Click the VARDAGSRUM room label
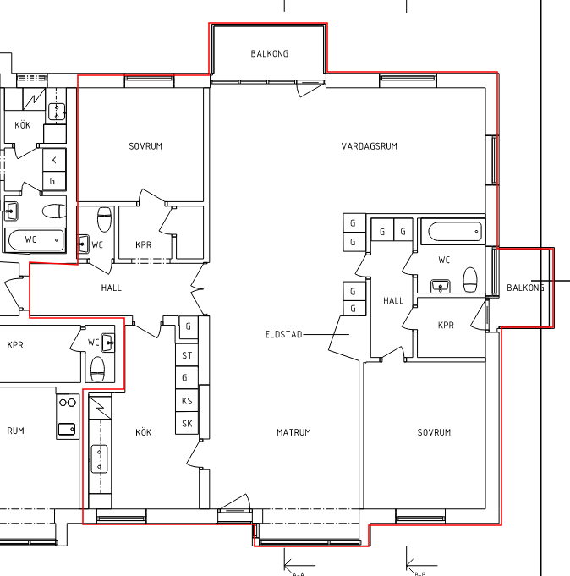[369, 146]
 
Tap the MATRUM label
[293, 432]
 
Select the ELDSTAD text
[284, 334]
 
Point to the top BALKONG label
[270, 53]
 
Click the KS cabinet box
[187, 400]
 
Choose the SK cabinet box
[187, 423]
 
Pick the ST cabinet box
[187, 355]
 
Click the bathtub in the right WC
[455, 232]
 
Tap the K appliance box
[54, 160]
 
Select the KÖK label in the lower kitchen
[143, 432]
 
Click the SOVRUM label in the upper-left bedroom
[145, 146]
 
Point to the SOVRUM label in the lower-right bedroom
[434, 432]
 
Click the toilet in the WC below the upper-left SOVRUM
[104, 219]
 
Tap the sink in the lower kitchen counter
[100, 458]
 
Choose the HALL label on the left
[112, 288]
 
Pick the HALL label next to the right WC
[393, 301]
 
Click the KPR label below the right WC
[446, 325]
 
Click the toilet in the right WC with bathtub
[470, 280]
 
